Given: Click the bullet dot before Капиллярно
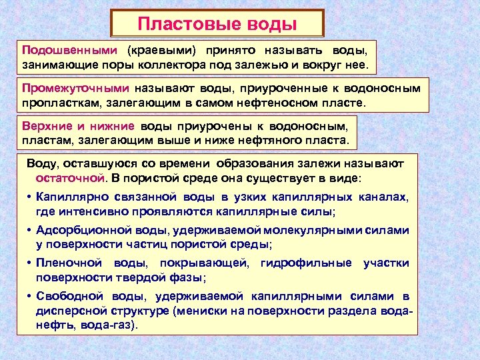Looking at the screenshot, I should (x=31, y=197).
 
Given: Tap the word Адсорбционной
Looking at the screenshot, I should (x=80, y=231).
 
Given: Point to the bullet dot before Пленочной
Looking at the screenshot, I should (x=31, y=263).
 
